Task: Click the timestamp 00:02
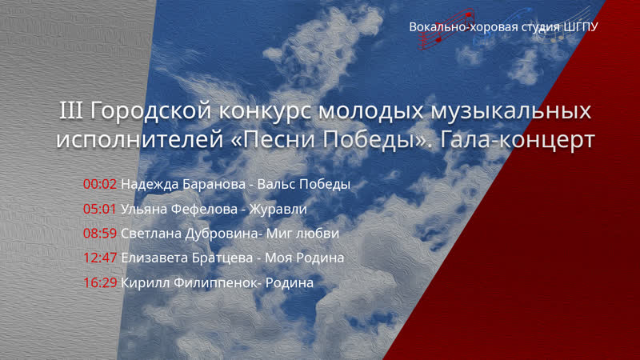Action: (100, 184)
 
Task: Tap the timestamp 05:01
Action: (100, 209)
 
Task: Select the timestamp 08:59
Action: (100, 234)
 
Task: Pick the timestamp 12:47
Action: (100, 258)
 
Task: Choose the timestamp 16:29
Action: (100, 283)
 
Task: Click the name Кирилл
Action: (142, 283)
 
